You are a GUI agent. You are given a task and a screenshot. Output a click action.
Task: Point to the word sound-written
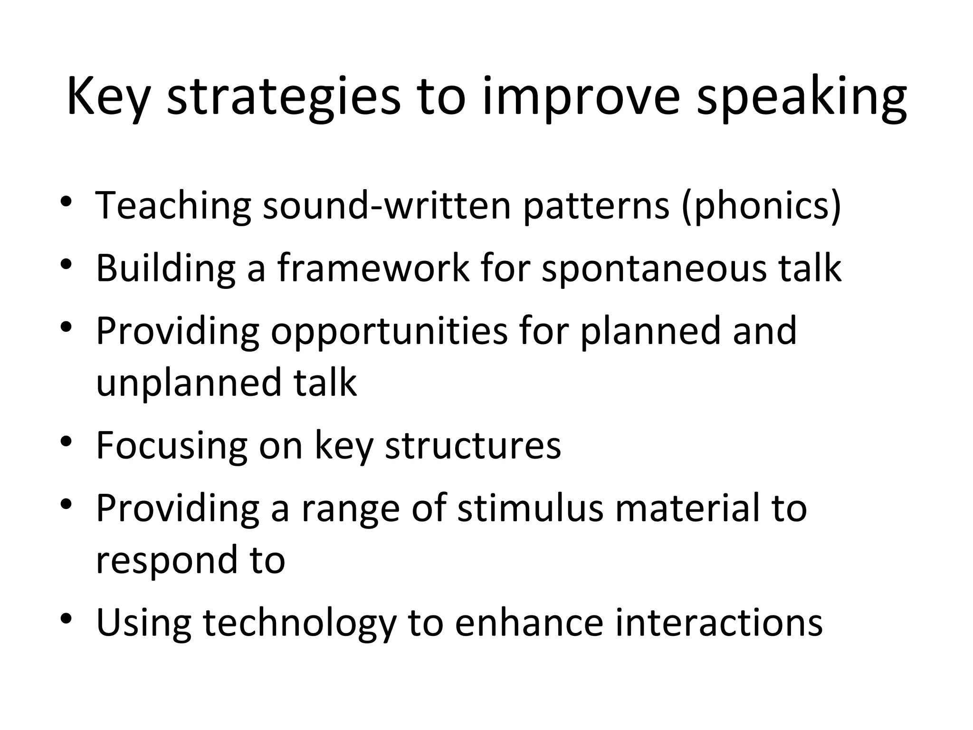click(x=386, y=205)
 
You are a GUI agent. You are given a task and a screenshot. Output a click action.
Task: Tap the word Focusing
click(x=171, y=446)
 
